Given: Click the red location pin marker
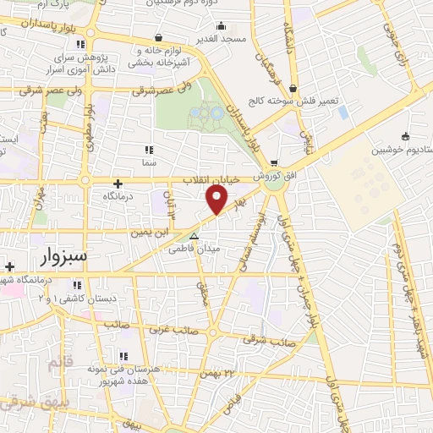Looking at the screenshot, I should click(217, 200).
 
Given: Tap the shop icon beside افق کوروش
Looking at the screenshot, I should click(272, 163).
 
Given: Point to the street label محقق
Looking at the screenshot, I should click(202, 291).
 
